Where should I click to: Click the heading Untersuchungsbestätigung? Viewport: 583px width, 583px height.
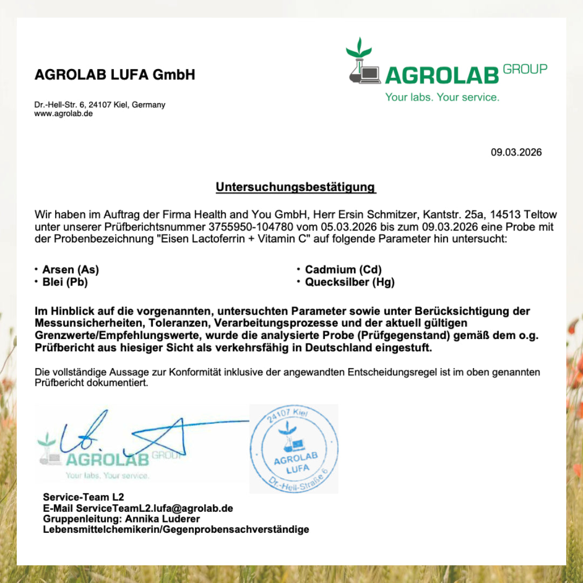295,187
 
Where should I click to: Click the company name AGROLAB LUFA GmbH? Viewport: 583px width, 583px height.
115,74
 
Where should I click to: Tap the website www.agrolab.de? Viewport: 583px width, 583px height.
64,114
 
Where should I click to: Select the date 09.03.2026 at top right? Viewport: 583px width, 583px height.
516,152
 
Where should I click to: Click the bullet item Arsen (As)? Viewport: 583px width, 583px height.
70,269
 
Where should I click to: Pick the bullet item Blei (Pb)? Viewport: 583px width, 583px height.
65,282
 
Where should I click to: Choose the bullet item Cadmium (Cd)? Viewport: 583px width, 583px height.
343,269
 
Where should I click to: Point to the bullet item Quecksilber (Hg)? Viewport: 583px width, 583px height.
349,282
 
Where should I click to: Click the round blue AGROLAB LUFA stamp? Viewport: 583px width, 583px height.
294,449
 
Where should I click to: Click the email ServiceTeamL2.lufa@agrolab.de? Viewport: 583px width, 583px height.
154,509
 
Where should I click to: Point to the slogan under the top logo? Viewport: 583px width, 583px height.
442,97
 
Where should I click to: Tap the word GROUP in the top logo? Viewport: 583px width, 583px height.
525,69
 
